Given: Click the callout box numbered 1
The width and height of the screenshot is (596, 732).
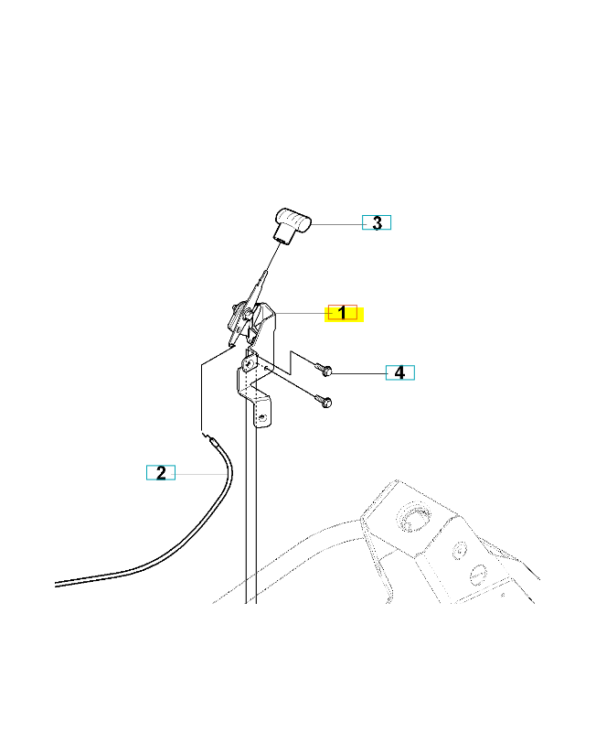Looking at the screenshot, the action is [342, 312].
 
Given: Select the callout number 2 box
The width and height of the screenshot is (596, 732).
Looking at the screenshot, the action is [161, 472].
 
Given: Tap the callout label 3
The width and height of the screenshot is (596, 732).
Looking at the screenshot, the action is [377, 222].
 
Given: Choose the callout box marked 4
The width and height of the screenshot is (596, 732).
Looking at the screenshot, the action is [400, 372].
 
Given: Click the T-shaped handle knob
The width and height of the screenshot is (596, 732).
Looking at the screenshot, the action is [292, 225].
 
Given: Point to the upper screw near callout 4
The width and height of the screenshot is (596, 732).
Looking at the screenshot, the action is [324, 369].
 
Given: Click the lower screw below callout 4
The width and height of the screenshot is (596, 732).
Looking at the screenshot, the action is [324, 400].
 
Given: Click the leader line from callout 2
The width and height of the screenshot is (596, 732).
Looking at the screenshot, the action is [201, 474].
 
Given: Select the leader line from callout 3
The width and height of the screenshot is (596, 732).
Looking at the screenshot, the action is [336, 224].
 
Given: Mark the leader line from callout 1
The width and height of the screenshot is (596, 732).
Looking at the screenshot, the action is [303, 313].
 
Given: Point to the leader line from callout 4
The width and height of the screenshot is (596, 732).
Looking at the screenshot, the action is [358, 373].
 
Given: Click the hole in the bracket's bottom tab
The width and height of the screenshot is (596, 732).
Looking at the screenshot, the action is [263, 417].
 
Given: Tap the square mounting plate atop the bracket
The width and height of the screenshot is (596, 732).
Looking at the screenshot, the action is [250, 362].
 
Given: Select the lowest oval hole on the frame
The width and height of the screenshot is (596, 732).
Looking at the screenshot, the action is [478, 575].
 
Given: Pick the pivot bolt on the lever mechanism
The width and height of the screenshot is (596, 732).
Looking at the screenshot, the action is [246, 313].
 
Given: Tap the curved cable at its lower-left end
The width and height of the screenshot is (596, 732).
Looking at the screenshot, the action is [57, 584].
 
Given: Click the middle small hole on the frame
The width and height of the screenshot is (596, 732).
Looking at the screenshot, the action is [460, 551].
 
